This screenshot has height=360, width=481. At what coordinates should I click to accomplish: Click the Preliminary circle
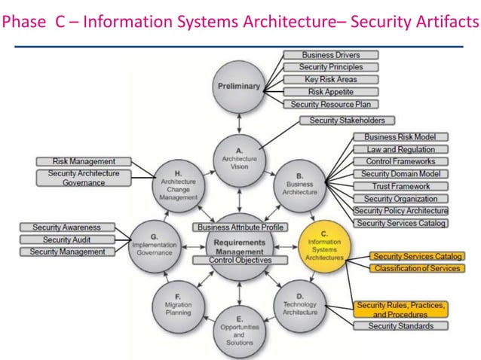[x=238, y=87]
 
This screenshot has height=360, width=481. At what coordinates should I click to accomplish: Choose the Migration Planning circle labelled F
[x=178, y=303]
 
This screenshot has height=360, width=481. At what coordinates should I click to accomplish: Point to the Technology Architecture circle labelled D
[x=299, y=303]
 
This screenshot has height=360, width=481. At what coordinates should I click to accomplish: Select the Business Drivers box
[x=330, y=55]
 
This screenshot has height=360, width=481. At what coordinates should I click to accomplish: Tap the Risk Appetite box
[x=330, y=92]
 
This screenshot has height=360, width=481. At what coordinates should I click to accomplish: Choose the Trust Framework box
[x=400, y=186]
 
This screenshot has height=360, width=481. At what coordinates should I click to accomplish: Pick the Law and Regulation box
[x=400, y=149]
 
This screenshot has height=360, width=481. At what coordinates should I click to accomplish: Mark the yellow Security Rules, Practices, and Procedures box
[x=400, y=309]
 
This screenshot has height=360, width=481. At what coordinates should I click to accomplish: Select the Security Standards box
[x=400, y=326]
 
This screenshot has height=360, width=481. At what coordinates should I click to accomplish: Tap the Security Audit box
[x=66, y=239]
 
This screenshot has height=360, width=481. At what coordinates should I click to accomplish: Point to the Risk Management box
[x=84, y=162]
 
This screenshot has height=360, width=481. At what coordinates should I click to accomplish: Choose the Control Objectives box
[x=231, y=260]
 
